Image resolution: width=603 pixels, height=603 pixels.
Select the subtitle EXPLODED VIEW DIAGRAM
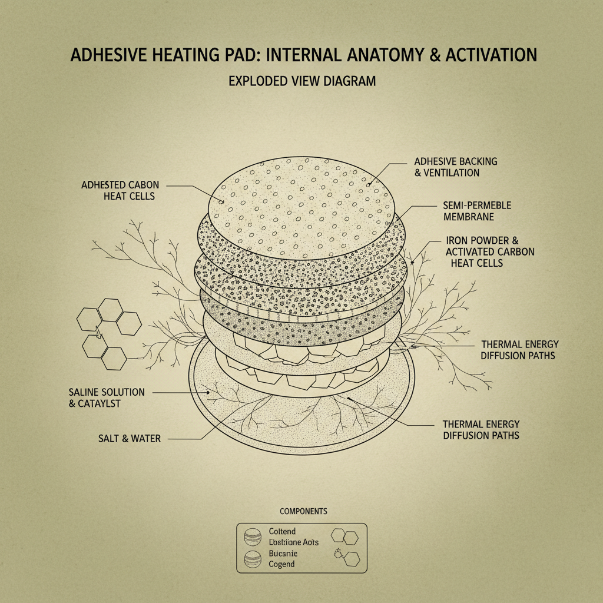point(301,81)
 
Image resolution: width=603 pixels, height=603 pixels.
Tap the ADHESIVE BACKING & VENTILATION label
point(455,167)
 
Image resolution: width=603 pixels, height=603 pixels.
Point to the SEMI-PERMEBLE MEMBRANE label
point(476,211)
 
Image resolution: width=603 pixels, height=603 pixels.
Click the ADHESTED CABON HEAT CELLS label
point(120,190)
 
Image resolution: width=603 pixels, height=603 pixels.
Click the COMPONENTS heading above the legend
point(303,511)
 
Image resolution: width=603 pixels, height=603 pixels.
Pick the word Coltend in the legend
point(282,532)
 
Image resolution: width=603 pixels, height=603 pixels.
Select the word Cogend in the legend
point(281,564)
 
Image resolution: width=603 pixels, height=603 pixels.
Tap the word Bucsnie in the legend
point(283,554)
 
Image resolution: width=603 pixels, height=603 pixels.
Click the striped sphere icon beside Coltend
point(251,537)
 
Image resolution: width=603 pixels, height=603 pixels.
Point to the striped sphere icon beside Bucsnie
point(251,559)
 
